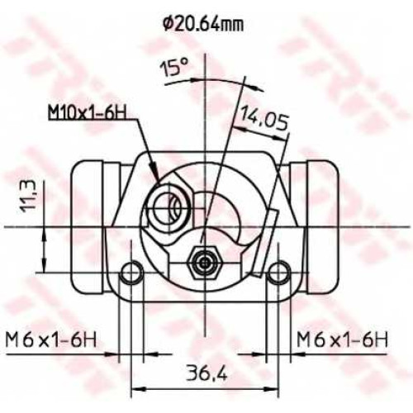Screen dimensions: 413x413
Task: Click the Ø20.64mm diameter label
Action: click(203, 25)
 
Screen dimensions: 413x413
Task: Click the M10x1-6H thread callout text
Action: click(88, 112)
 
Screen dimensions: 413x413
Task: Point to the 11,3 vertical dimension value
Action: click(28, 196)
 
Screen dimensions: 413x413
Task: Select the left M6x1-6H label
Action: click(51, 340)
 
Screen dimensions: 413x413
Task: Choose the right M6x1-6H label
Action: click(342, 340)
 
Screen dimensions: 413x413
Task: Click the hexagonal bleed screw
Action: click(204, 263)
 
